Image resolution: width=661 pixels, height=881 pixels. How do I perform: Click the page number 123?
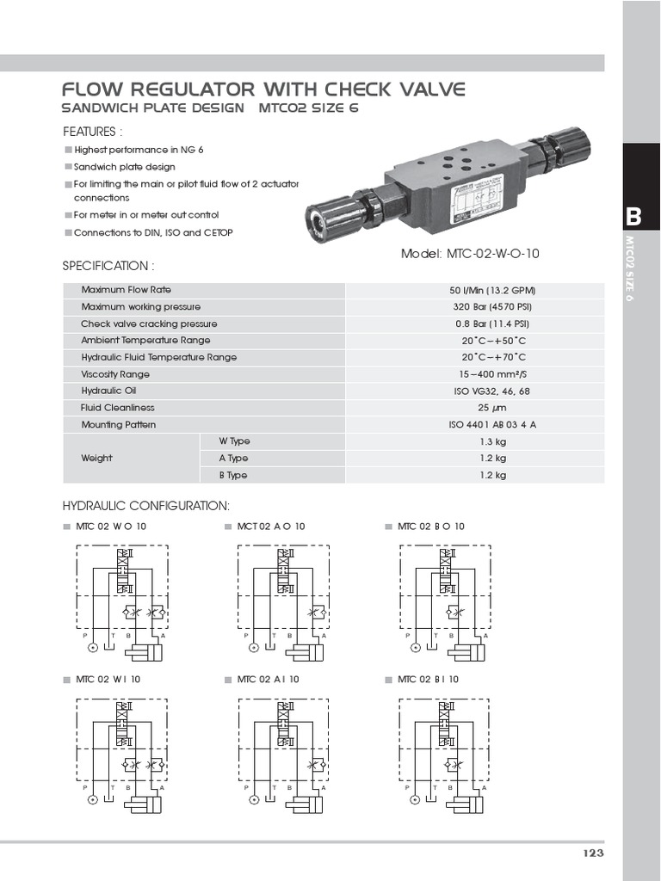pos(593,853)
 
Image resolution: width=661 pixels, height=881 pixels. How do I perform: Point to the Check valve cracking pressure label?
pos(149,324)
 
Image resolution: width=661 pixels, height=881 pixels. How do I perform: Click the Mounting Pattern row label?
pos(119,425)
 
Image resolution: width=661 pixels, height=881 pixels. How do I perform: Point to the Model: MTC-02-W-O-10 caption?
pos(471,254)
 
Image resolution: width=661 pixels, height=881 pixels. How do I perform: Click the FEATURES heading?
pos(93,132)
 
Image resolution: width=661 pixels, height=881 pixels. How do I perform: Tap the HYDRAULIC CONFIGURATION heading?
pos(146,505)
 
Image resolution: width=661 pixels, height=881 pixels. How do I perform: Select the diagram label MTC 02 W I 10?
pos(108,679)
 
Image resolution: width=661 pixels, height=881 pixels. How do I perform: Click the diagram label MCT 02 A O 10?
pos(271,526)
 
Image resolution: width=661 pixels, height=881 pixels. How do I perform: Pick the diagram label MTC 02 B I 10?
pos(428,679)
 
